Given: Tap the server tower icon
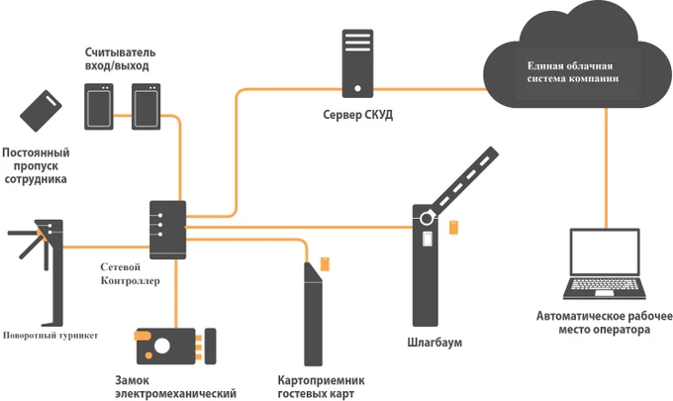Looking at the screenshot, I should click(357, 62).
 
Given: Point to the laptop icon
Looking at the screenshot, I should click(604, 267).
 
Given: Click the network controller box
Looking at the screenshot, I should click(165, 231).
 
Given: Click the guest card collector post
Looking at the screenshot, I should click(314, 312).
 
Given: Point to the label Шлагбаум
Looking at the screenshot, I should click(435, 343).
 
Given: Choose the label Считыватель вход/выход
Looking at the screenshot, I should click(120, 57).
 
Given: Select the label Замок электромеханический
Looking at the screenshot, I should click(175, 386).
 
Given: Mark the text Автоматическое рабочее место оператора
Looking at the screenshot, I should click(604, 323).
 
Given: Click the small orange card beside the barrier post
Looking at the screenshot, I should click(453, 228).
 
